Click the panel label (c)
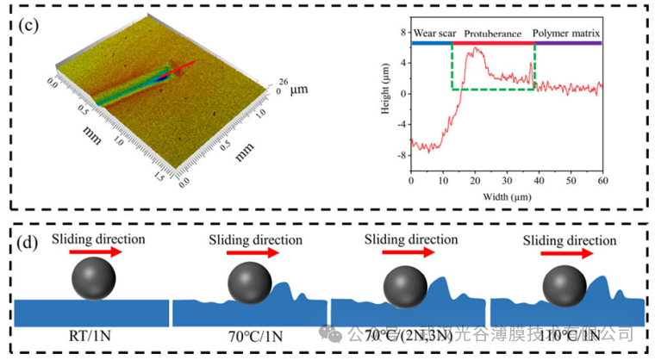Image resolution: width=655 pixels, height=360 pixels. point(28,23)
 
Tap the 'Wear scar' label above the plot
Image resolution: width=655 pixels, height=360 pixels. point(434,34)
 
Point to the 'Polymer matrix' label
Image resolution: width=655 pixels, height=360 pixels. point(566,34)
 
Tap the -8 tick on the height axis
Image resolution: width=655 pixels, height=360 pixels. point(401,155)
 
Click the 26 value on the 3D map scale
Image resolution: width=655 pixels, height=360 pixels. point(283,83)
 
